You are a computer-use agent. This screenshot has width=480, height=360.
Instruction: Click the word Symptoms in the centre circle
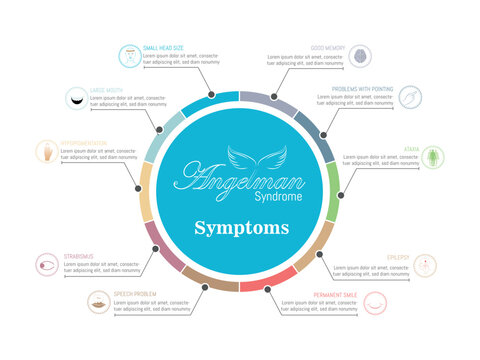[x=240, y=227]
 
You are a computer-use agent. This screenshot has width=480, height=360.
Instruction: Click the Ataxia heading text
[x=411, y=148]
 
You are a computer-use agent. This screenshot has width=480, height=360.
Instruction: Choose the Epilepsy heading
[x=398, y=256]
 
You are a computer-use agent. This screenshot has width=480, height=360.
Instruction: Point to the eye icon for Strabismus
[x=46, y=266]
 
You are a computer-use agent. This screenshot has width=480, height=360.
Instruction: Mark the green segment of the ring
[x=335, y=190]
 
